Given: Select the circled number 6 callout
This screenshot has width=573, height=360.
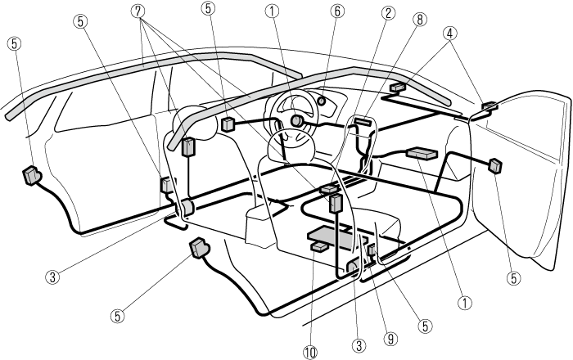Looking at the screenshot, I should pos(336,12).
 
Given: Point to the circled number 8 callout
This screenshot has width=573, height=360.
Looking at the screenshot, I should pos(419,18).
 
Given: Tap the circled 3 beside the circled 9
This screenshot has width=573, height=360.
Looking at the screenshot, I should pos(358,345).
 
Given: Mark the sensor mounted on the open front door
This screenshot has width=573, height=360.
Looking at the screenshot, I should pos(494,165).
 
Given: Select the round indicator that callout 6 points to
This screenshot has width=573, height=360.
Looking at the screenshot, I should pos(320,101).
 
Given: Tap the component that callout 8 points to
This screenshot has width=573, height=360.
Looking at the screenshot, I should pos(363,122).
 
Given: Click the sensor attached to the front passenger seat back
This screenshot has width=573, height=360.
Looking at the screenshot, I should pos(336,202).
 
